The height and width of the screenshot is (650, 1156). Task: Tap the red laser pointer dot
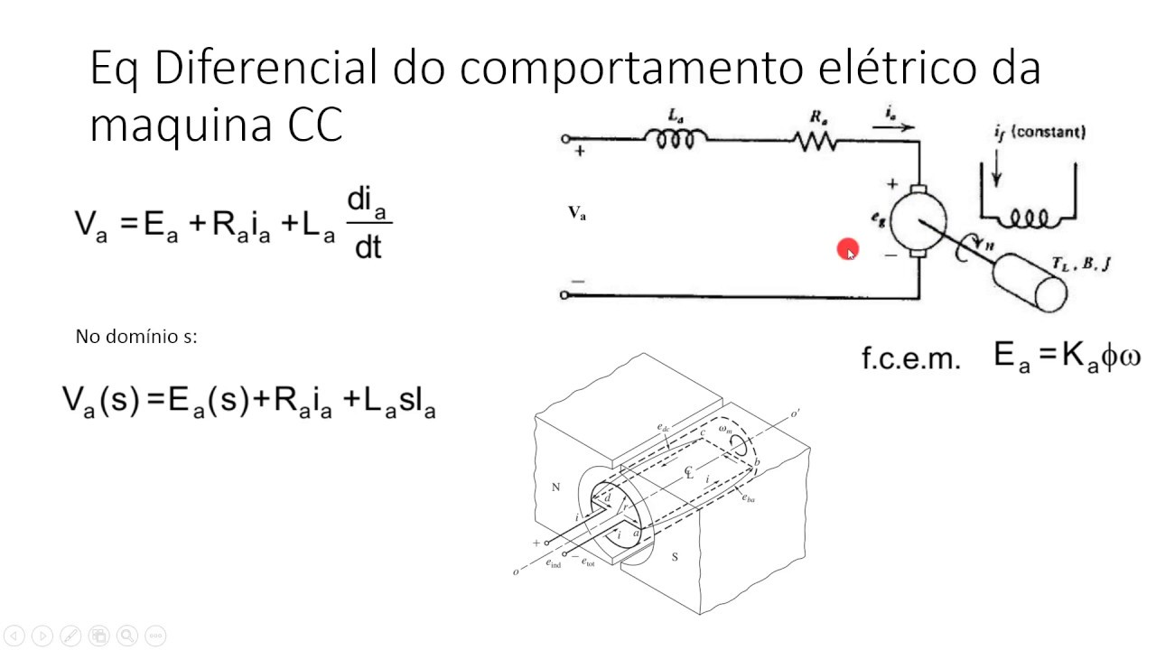coord(847,250)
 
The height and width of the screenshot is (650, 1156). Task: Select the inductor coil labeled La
coord(675,139)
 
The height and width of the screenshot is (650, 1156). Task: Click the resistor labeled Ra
coord(816,140)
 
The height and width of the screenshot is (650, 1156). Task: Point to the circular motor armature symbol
coord(917,218)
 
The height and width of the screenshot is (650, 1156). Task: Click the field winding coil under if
coord(1028,218)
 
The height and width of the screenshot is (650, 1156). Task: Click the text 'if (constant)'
coord(1039,133)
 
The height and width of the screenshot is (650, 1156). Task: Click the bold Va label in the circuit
coord(576,213)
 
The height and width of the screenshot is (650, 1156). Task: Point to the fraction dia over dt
coord(368,223)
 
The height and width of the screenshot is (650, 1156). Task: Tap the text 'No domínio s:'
coord(136,337)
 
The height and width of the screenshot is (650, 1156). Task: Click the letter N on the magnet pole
coord(555,487)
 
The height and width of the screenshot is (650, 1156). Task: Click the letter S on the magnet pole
coord(674,557)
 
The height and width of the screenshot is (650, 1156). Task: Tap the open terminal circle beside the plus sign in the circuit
coord(565,139)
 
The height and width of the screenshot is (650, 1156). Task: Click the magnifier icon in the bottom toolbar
coord(126,635)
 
